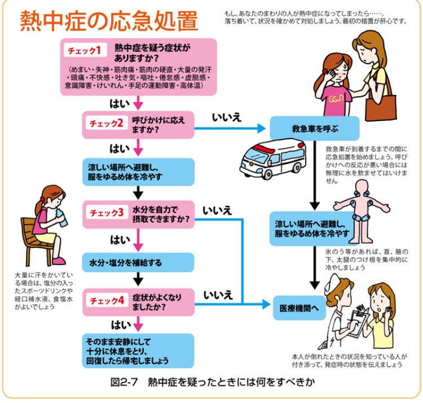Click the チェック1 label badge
click(85, 50)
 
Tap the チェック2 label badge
click(106, 123)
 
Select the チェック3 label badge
click(107, 213)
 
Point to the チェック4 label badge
click(107, 300)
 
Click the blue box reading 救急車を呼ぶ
click(315, 128)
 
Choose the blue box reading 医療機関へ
click(299, 308)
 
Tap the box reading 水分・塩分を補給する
click(138, 262)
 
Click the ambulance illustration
click(273, 159)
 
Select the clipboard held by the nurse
click(356, 322)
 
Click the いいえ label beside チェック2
click(227, 118)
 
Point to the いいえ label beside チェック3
click(218, 211)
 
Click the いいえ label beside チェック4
click(218, 295)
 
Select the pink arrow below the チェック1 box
click(138, 102)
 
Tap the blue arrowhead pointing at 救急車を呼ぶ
click(262, 128)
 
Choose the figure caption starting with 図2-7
click(213, 382)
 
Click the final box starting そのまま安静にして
click(138, 351)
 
